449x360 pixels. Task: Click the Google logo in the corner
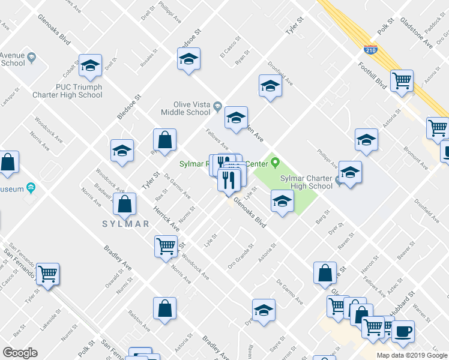pos(20,352)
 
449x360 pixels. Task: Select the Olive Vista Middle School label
pos(185,108)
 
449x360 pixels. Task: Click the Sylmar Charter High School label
pos(306,182)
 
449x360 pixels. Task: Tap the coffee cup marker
pos(403,331)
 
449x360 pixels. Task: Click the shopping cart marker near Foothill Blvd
pos(402,80)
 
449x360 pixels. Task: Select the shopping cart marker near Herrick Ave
pos(166,246)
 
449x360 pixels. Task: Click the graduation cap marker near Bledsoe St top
pos(188,59)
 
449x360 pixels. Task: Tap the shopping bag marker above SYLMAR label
pos(124,204)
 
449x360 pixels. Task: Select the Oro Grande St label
pos(241,256)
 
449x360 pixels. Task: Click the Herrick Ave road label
pos(167,217)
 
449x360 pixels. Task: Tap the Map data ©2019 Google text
pos(412,355)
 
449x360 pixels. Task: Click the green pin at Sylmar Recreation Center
pos(276,162)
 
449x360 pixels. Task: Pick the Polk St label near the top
pos(385,28)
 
